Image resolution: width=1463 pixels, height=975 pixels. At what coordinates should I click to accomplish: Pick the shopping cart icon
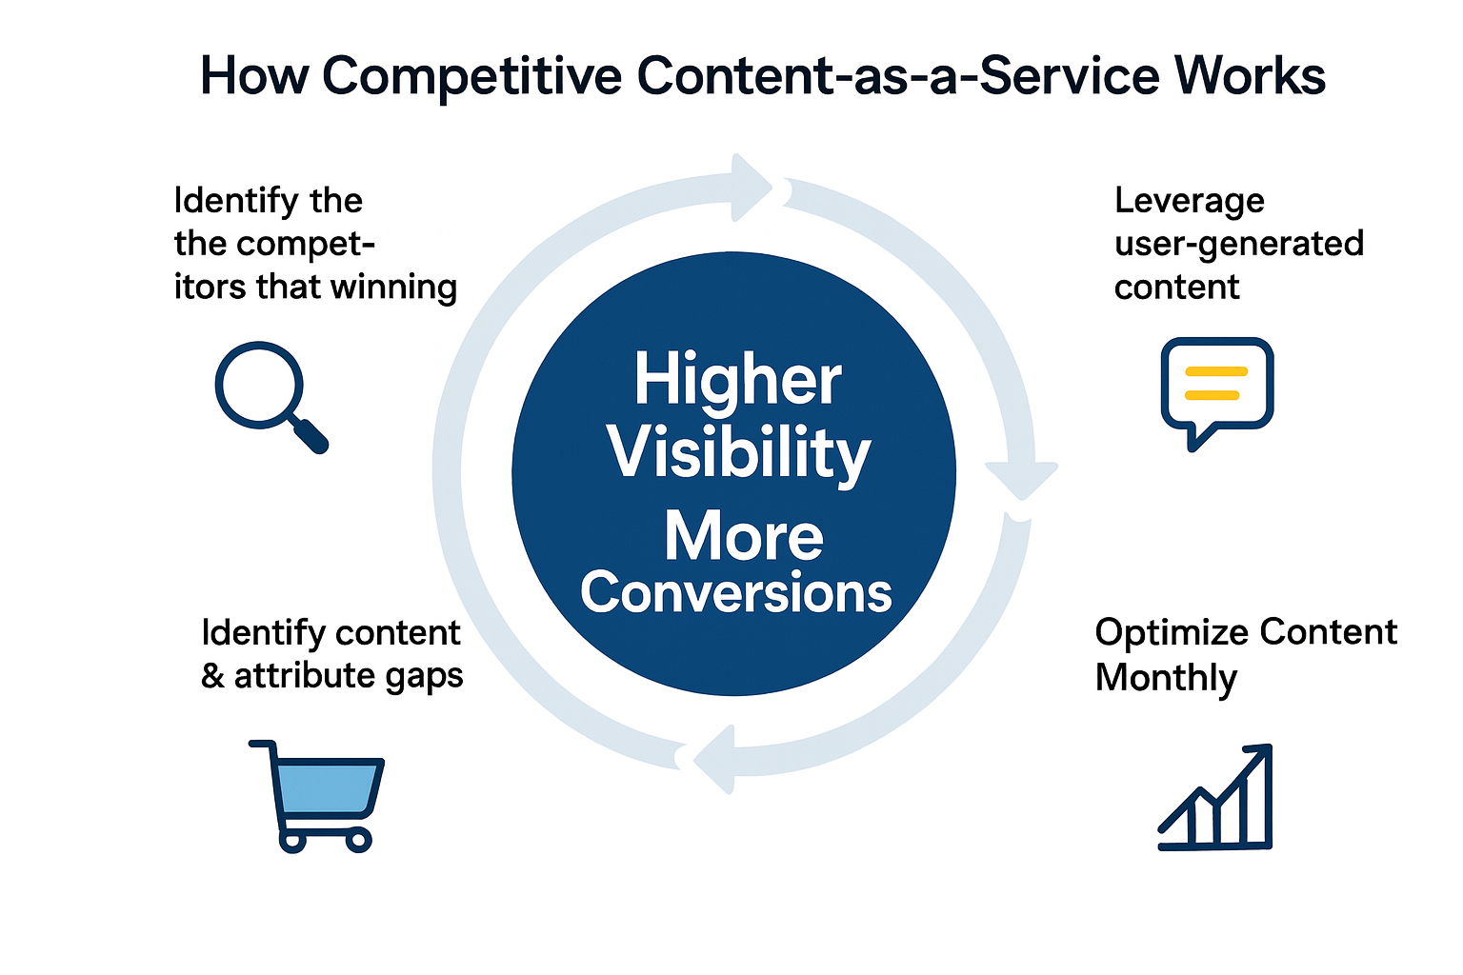tap(317, 796)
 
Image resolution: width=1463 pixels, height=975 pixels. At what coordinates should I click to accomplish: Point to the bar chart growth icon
tap(1215, 797)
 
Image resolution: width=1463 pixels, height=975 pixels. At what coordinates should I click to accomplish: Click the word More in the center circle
tap(744, 537)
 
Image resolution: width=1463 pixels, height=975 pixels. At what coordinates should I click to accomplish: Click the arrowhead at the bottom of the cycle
tap(713, 759)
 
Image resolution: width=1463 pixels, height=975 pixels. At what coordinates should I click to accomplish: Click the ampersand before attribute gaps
tap(213, 676)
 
